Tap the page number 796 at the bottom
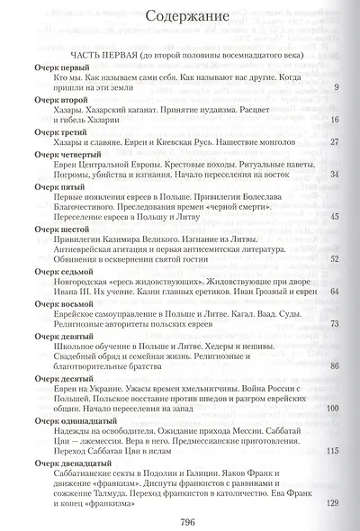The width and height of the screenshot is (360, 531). click(x=188, y=519)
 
